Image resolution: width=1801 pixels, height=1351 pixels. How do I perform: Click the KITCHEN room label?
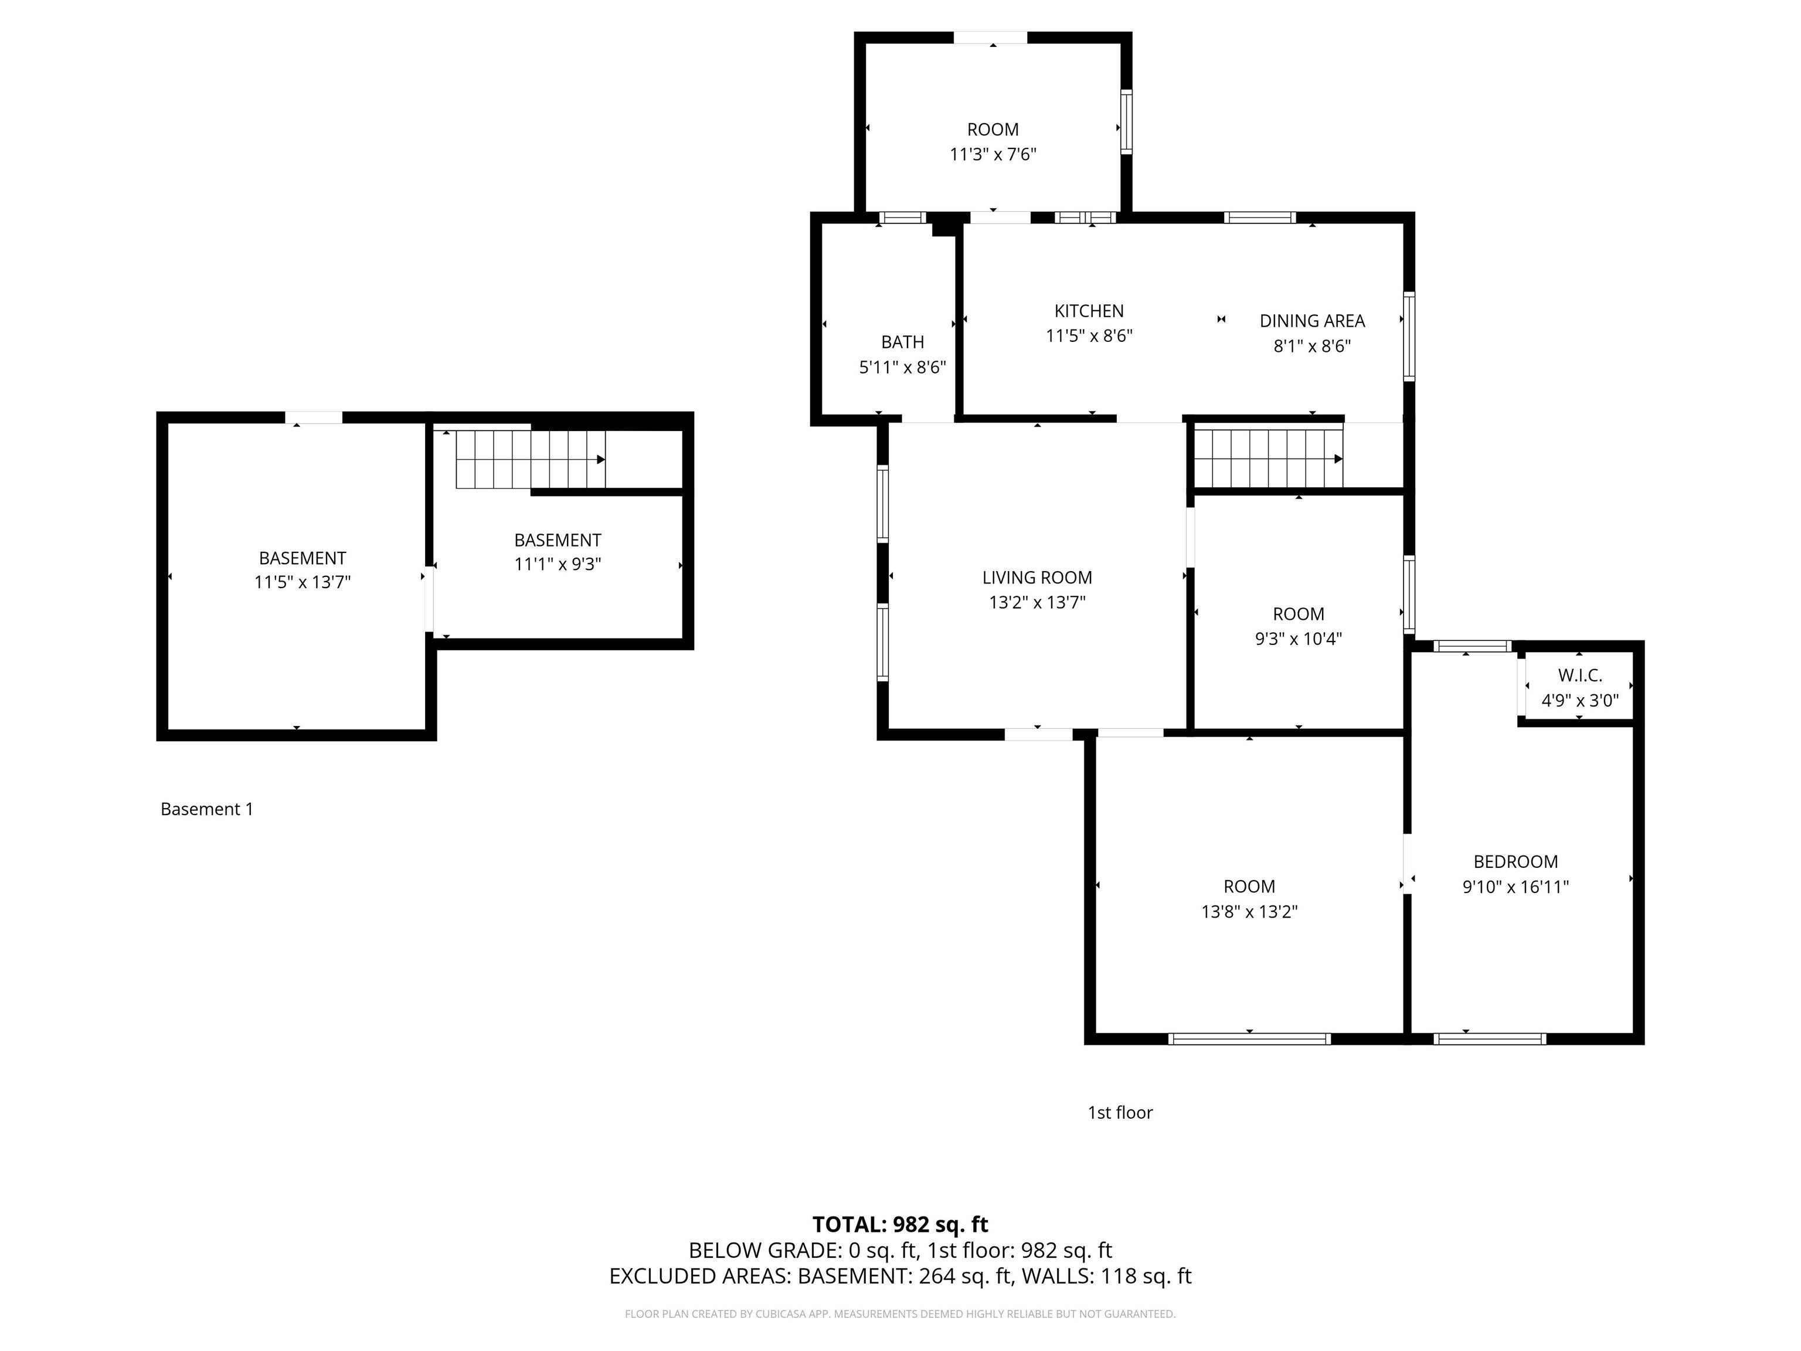click(x=1089, y=311)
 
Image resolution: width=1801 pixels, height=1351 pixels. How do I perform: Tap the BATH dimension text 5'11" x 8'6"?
click(x=902, y=367)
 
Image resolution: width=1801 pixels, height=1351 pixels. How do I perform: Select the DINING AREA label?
click(x=1311, y=321)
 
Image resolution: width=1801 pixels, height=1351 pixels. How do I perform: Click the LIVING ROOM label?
click(x=1037, y=578)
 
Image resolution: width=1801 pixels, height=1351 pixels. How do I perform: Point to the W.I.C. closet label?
click(x=1579, y=675)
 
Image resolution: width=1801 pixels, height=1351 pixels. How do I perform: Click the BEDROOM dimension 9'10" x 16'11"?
click(x=1515, y=887)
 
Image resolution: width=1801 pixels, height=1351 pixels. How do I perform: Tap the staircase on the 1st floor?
click(x=1267, y=459)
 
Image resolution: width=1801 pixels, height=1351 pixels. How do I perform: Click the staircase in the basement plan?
click(x=529, y=459)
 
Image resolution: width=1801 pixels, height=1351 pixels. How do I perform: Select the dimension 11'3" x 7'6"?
click(x=993, y=154)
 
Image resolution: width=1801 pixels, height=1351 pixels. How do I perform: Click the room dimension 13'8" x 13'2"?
click(x=1249, y=911)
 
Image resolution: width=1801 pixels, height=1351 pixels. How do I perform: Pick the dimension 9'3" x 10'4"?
click(x=1298, y=639)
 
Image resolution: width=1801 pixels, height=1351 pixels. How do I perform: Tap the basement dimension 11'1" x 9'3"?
click(x=558, y=564)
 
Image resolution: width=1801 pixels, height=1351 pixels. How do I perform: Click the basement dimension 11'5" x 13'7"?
click(x=302, y=582)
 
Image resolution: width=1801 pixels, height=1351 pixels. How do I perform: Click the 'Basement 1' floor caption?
click(x=207, y=809)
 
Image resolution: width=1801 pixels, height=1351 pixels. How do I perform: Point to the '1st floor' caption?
click(x=1120, y=1112)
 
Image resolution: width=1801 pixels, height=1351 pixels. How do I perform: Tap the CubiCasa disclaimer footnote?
click(x=900, y=1313)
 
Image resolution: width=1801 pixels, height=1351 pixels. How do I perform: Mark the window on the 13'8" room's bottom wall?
click(x=1249, y=1038)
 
